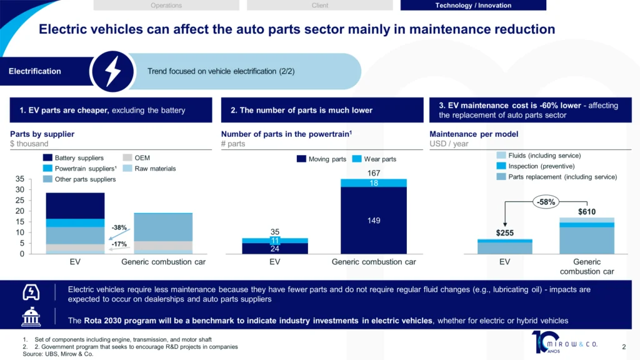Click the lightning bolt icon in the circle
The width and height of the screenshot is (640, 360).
[x=113, y=71]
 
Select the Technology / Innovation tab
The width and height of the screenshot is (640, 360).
[x=473, y=5]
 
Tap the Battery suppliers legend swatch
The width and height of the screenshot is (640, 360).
[x=47, y=157]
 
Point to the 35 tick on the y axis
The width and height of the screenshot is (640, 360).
[x=19, y=179]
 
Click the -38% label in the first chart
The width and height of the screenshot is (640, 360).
[x=119, y=227]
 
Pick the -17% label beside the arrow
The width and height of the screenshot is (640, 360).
[x=119, y=244]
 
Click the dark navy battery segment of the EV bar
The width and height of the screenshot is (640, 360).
[x=75, y=206]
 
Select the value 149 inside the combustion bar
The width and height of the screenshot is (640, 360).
[x=374, y=221]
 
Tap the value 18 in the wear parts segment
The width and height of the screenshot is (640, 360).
[x=374, y=183]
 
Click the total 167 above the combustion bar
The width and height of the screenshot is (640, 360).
[x=374, y=173]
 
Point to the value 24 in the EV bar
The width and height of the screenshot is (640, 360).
[x=275, y=249]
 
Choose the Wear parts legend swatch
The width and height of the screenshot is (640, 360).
[x=357, y=159]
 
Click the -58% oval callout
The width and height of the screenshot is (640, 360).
[x=546, y=202]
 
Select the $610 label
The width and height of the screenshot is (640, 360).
[x=586, y=212]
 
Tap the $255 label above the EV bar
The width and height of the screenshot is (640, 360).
[x=504, y=233]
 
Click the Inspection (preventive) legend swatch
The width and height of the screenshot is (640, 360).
[x=501, y=166]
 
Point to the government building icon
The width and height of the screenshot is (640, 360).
[x=31, y=317]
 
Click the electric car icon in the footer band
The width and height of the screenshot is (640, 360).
[x=31, y=292]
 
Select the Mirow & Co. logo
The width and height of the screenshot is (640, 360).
[x=564, y=342]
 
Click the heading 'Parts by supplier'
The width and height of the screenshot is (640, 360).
[x=42, y=134]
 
